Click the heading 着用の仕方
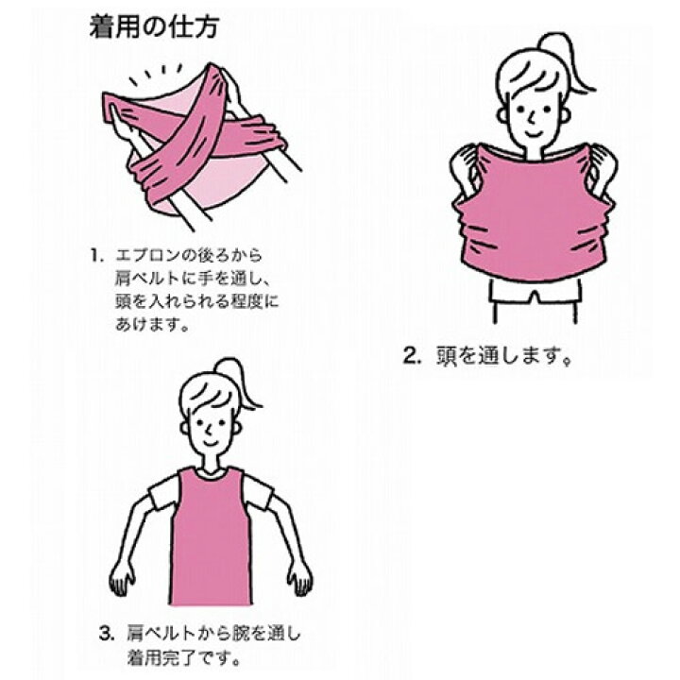[x=154, y=26]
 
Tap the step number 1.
[x=96, y=255]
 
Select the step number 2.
[x=412, y=356]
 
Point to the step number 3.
[x=107, y=634]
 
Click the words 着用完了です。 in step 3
[x=184, y=658]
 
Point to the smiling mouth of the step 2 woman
[x=534, y=131]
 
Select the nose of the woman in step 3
[x=209, y=430]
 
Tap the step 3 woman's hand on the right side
[x=300, y=578]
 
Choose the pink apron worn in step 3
[x=211, y=536]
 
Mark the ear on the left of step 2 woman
[x=501, y=115]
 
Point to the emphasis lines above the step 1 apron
[x=156, y=74]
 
